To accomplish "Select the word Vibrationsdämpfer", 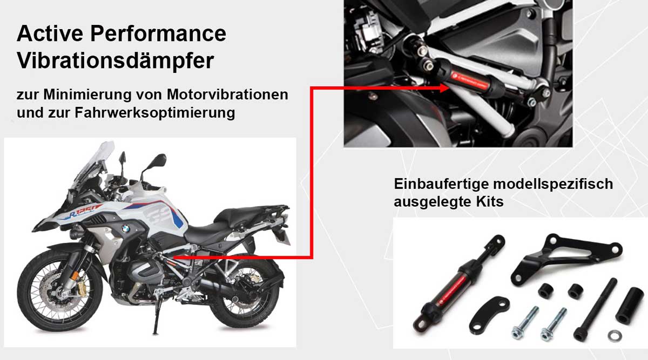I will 115,60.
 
